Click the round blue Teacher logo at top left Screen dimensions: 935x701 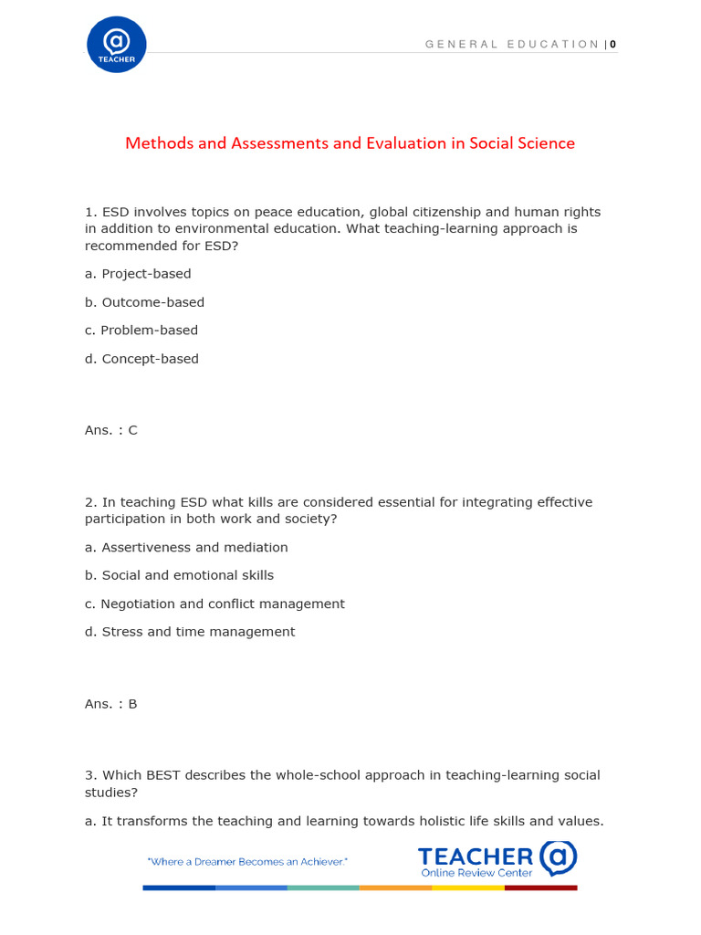pos(116,45)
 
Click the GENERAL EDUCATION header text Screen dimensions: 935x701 pos(512,44)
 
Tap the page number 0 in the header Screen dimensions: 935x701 pos(613,44)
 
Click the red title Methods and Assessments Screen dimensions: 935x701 pos(350,143)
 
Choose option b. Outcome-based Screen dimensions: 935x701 pos(144,302)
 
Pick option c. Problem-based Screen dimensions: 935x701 pos(141,331)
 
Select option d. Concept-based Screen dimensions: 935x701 pos(141,359)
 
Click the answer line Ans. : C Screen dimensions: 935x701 pos(111,430)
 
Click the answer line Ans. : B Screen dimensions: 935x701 pos(111,704)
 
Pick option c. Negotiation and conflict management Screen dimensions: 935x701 pos(214,604)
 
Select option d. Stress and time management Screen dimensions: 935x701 pos(190,632)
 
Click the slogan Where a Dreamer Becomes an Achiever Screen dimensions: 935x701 pos(247,862)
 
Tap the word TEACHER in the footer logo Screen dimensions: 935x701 pos(476,856)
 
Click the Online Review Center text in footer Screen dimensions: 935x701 pos(476,873)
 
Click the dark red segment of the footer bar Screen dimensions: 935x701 pos(541,888)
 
